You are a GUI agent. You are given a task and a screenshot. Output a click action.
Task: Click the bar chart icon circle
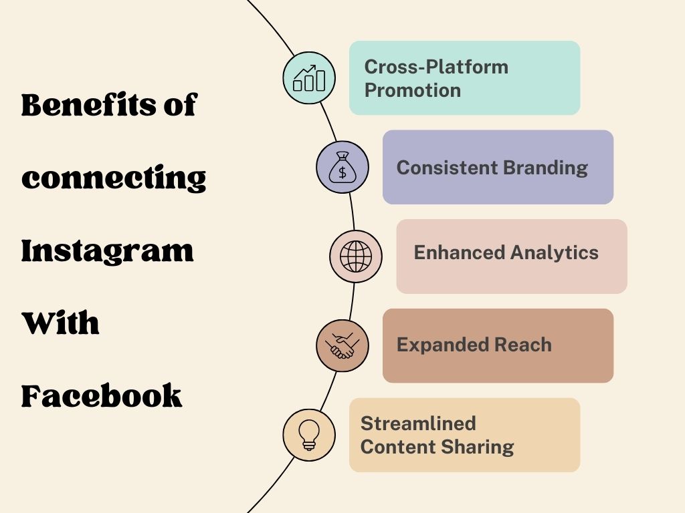coord(309,78)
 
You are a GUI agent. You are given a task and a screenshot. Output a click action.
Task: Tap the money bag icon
coord(342,167)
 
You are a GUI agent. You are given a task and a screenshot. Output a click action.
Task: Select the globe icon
coord(356,256)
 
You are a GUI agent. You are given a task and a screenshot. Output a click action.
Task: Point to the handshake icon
coord(342,345)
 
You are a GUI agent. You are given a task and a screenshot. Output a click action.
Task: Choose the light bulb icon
coord(309,435)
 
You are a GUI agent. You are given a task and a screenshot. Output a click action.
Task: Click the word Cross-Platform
coord(436,67)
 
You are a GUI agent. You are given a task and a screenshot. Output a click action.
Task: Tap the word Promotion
coord(413,90)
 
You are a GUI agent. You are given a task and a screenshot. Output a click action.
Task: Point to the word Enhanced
coord(459,252)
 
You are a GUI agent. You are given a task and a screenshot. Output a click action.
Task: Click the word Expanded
coord(442,345)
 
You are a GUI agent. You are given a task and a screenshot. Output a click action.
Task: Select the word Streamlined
coord(418,423)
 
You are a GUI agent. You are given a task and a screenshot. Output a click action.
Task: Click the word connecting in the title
coord(114,179)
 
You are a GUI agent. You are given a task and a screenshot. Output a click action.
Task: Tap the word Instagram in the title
coord(108,252)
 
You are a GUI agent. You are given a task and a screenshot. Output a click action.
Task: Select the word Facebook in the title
coord(102,396)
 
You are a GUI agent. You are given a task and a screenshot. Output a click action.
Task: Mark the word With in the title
coord(60,324)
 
